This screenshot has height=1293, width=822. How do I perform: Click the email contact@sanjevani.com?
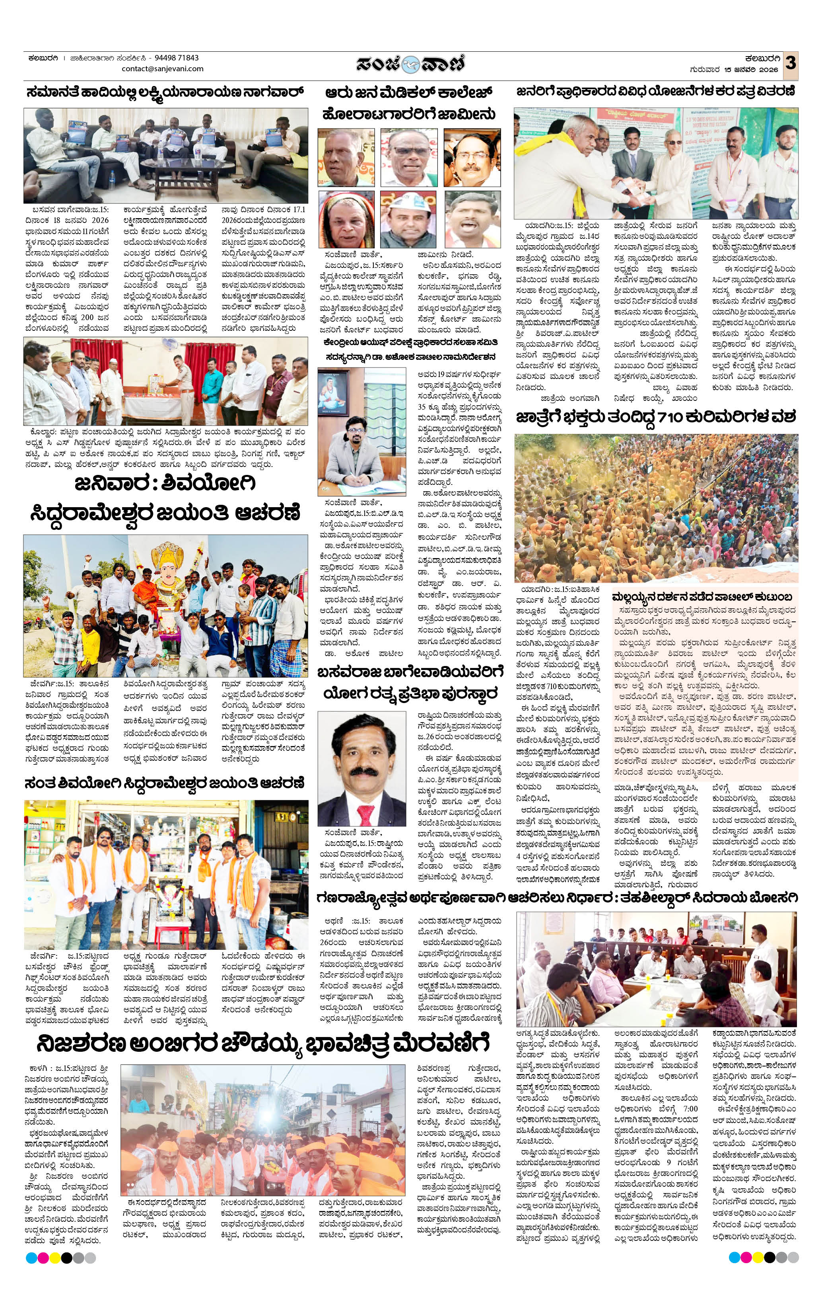click(163, 69)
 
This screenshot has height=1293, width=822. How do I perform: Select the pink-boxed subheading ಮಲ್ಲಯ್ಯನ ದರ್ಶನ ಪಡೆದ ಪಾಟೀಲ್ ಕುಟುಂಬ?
click(703, 597)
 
